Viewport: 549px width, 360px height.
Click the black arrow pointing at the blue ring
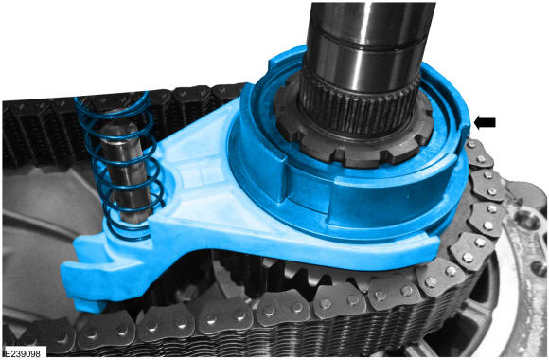(x=485, y=122)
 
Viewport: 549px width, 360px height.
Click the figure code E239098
(x=23, y=353)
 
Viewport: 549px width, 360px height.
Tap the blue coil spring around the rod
(x=119, y=165)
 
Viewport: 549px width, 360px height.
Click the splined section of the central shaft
(x=359, y=105)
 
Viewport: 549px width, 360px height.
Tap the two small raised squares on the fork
(x=201, y=174)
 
